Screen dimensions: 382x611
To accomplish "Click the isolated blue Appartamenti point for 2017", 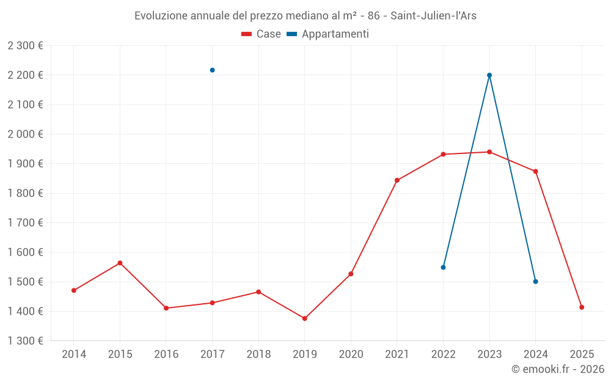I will tap(212, 70).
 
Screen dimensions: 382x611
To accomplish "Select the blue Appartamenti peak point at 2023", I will tap(489, 75).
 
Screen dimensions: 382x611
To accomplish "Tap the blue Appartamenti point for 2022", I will tap(443, 267).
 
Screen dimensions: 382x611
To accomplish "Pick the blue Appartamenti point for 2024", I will tap(535, 282).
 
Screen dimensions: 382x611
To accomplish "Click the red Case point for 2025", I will tap(582, 307).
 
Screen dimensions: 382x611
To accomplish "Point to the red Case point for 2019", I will tap(304, 318).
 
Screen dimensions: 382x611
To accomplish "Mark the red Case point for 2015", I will tap(120, 263).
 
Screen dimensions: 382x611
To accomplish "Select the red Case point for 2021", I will tap(397, 180).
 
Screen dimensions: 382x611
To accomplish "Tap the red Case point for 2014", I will tap(74, 290).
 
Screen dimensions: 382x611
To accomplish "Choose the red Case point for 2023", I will tap(489, 152).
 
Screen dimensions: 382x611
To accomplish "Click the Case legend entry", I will tap(262, 34).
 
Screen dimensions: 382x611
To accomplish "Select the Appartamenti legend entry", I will tap(328, 34).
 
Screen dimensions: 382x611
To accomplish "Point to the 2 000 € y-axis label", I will tap(25, 134).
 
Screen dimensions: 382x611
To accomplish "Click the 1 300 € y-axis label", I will tap(25, 341).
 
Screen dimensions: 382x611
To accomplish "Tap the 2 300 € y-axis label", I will tap(25, 46).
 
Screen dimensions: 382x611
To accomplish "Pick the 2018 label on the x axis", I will tap(258, 354).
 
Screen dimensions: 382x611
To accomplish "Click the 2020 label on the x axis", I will tap(351, 354).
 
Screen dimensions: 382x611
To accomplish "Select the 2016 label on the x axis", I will tap(166, 354).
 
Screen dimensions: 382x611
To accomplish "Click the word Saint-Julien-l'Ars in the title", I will tap(434, 16).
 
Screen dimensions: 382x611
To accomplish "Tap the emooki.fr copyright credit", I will tap(558, 369).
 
